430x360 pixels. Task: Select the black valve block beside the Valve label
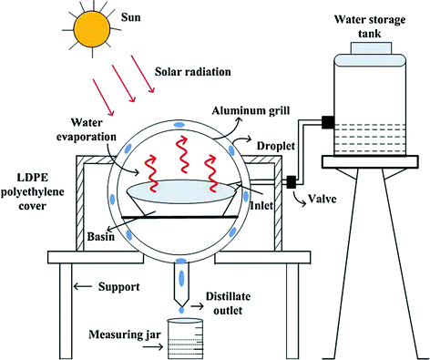coord(292,183)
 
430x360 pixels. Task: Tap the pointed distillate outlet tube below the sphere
coord(184,292)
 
